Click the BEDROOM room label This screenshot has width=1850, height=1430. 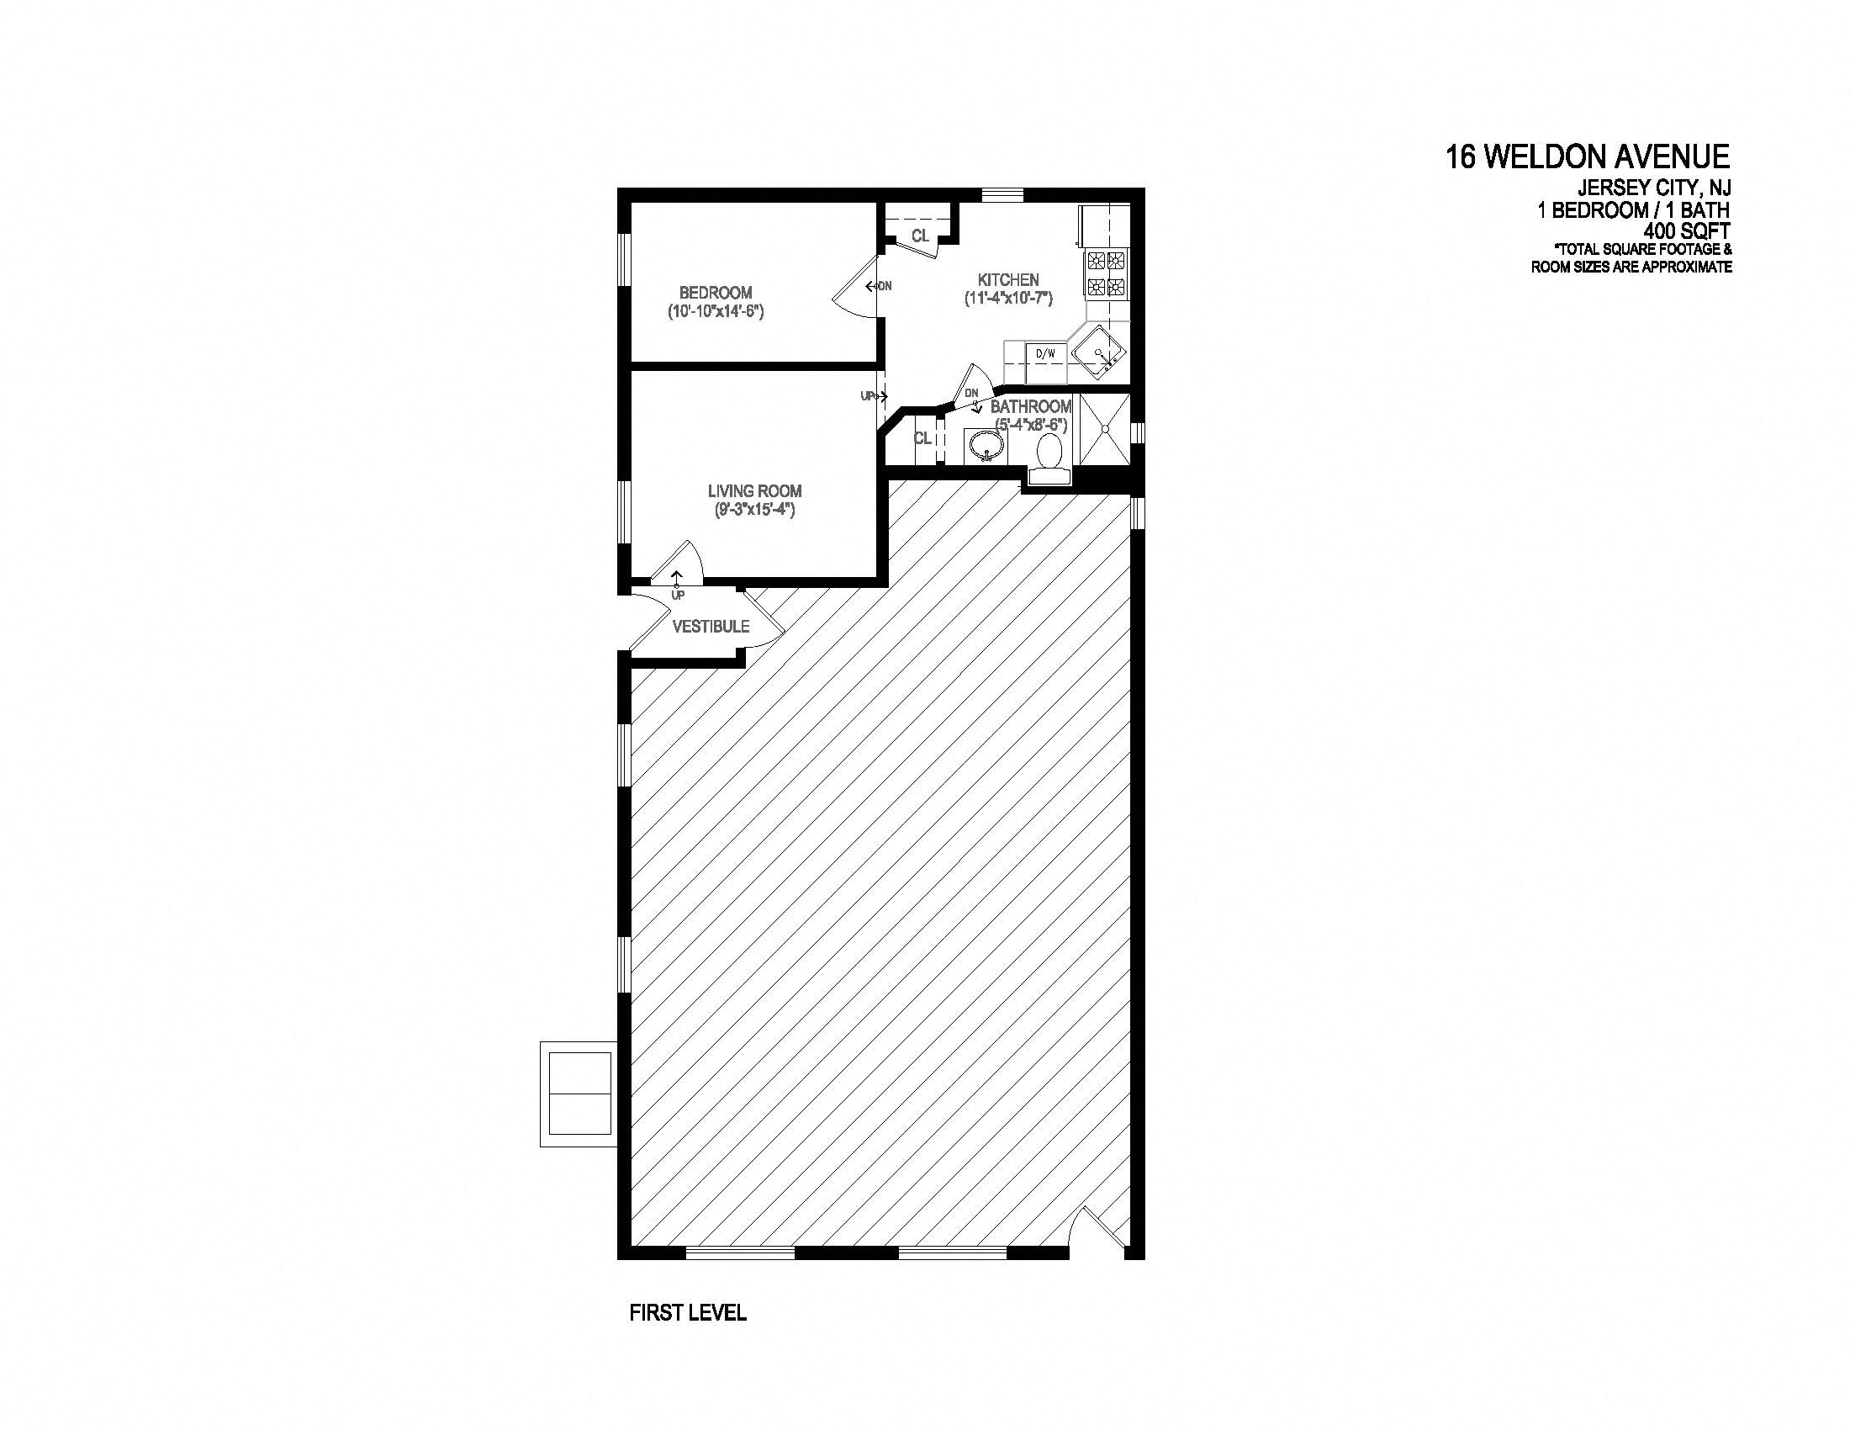tap(715, 292)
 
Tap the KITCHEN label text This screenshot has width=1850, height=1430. tap(1008, 279)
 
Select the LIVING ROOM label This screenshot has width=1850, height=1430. tap(754, 490)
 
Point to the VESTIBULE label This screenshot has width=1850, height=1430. tap(711, 626)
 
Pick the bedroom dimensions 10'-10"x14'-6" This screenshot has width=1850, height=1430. tap(715, 312)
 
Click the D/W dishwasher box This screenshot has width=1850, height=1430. tap(1046, 354)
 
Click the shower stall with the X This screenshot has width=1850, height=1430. tap(1106, 430)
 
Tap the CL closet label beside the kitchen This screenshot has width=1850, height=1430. tap(920, 236)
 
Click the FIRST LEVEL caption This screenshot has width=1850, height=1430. tap(688, 1312)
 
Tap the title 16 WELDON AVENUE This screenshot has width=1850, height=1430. tap(1588, 157)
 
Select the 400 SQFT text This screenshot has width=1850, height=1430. tap(1687, 230)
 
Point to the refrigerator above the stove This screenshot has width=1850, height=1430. tap(1104, 225)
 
